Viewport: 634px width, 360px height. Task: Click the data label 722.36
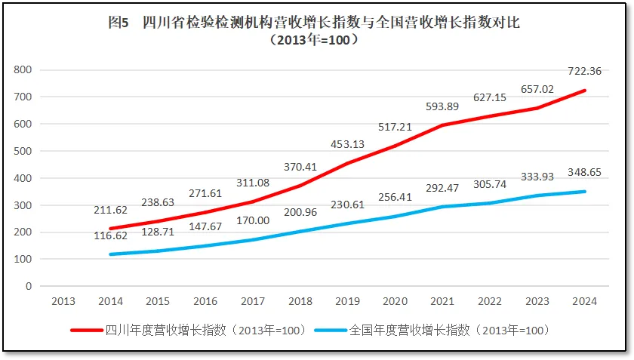pyautogui.click(x=584, y=72)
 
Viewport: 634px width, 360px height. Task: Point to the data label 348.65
pyautogui.click(x=584, y=172)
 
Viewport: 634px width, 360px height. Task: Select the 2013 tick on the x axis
pyautogui.click(x=63, y=301)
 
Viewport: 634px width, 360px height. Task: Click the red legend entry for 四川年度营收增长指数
pyautogui.click(x=188, y=330)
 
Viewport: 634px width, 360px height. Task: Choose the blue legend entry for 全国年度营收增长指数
pyautogui.click(x=431, y=330)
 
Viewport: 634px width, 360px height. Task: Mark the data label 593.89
pyautogui.click(x=442, y=106)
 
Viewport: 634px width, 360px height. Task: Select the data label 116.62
pyautogui.click(x=110, y=235)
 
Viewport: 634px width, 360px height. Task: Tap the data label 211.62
pyautogui.click(x=110, y=209)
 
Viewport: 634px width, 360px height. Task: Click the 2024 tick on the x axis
pyautogui.click(x=584, y=301)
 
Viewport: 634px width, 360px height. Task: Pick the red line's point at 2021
pyautogui.click(x=442, y=125)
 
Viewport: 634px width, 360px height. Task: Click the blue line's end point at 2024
pyautogui.click(x=584, y=192)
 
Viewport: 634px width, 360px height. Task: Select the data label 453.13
pyautogui.click(x=347, y=144)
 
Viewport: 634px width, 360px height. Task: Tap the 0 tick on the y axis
pyautogui.click(x=29, y=286)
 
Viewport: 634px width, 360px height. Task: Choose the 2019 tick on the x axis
pyautogui.click(x=347, y=301)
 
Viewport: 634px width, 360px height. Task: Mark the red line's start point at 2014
pyautogui.click(x=110, y=229)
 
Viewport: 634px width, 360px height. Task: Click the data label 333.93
pyautogui.click(x=537, y=177)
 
